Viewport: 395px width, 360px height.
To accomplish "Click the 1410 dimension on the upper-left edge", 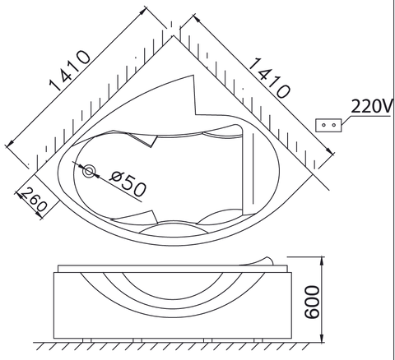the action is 69,71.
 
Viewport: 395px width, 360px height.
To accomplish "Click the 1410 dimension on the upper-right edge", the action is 269,78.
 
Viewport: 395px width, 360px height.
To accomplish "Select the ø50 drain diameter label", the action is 128,183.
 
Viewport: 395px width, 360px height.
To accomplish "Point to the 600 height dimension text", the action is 313,302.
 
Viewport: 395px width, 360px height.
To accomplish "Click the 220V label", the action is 372,106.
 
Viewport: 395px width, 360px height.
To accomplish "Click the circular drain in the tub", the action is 89,171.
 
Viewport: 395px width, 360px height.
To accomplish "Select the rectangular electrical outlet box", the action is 328,125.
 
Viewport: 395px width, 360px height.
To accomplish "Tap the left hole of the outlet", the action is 323,125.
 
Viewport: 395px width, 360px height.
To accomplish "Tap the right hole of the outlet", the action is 333,125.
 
